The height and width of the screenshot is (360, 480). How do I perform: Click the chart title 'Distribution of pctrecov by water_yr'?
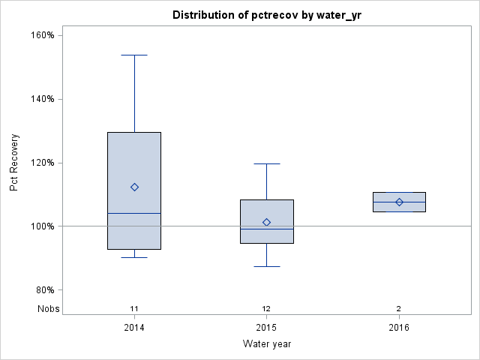[267, 15]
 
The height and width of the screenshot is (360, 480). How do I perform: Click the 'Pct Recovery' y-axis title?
[15, 163]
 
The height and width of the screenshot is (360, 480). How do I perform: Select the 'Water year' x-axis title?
[266, 343]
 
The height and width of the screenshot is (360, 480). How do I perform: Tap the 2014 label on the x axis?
[134, 328]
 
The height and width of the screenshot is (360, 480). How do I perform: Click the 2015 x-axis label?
[266, 328]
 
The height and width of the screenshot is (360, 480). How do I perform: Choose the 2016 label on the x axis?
[399, 328]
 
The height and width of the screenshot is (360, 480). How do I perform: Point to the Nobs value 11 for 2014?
[134, 308]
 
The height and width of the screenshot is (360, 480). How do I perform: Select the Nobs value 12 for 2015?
[266, 308]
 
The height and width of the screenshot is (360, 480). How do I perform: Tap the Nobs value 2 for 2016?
[399, 308]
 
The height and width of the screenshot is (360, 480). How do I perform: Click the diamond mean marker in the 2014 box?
[134, 187]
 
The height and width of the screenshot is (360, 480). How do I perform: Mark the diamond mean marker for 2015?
[266, 222]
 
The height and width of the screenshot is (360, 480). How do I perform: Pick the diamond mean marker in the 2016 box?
[399, 202]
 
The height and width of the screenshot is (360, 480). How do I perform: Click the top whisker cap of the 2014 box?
[134, 55]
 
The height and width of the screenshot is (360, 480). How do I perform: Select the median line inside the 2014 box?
[134, 213]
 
